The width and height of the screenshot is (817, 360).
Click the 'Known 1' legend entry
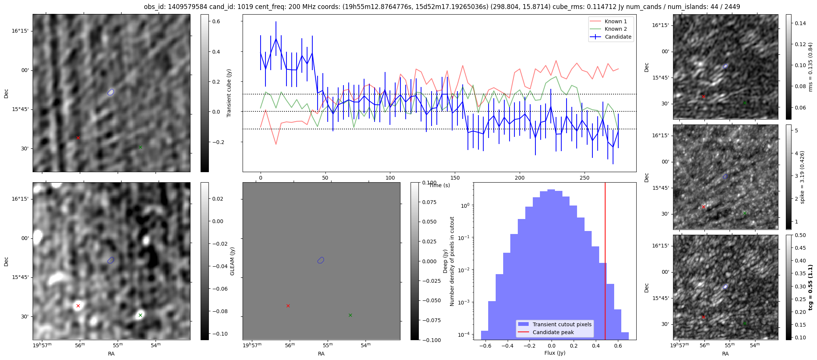(615, 21)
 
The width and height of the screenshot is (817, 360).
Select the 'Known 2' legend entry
(615, 29)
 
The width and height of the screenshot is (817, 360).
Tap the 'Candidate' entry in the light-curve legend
(618, 37)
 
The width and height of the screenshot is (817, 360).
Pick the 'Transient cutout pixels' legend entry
(562, 324)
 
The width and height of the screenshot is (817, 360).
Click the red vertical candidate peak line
(605, 244)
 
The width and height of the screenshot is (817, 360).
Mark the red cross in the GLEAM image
(78, 306)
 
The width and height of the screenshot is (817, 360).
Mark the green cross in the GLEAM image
(140, 315)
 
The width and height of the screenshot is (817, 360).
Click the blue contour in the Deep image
(321, 260)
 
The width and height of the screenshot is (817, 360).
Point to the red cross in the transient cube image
(78, 138)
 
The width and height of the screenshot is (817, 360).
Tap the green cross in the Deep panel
(350, 315)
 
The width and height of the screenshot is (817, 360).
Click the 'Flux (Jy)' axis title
(555, 353)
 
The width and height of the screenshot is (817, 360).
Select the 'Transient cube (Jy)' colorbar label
(229, 93)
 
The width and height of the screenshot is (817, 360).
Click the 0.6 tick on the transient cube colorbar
(216, 21)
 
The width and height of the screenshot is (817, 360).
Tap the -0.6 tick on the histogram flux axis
(484, 345)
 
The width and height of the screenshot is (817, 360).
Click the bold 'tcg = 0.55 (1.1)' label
(810, 287)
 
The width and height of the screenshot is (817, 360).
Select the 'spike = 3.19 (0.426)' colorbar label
(802, 177)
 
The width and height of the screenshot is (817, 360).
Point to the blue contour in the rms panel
(725, 66)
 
